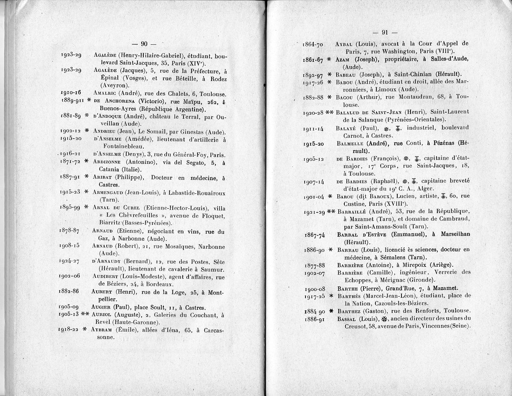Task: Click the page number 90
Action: coord(144,44)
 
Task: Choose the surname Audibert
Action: coord(106,276)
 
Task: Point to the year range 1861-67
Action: coord(313,59)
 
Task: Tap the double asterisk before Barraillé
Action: coord(331,212)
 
